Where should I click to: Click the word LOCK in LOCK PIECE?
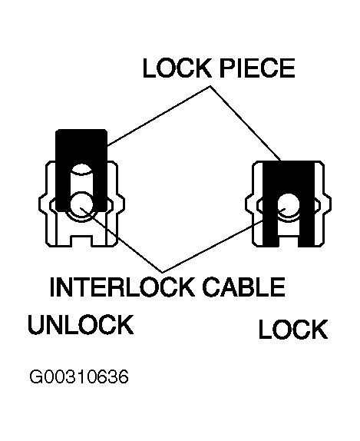[177, 68]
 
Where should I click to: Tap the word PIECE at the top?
[257, 68]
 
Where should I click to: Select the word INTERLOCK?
[122, 287]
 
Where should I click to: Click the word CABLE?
[243, 287]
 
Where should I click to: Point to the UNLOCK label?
[81, 324]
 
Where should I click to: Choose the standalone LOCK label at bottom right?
[293, 329]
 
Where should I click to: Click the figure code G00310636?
[79, 377]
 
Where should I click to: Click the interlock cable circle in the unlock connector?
[81, 204]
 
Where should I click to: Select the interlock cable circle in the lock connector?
[289, 205]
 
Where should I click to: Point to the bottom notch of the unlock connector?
[81, 241]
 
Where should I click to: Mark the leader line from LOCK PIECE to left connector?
[158, 115]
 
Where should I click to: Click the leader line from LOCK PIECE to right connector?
[246, 123]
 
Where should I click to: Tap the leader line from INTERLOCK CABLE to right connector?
[223, 240]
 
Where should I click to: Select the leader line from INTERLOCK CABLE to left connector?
[121, 240]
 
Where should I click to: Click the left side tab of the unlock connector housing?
[44, 203]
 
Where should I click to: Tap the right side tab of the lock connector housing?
[328, 203]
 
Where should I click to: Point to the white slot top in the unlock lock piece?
[81, 170]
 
